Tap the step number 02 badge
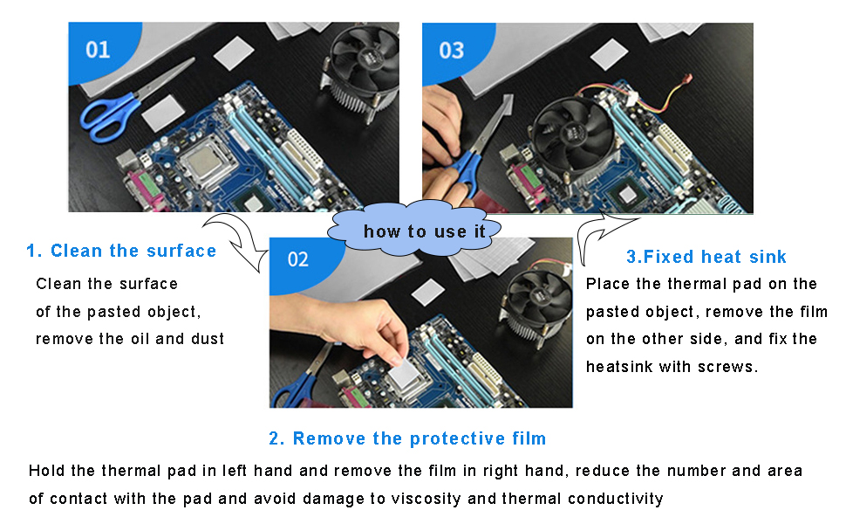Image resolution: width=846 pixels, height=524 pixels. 298,259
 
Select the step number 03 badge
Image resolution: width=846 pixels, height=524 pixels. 451,50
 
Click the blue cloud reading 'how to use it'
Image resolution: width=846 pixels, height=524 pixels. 420,231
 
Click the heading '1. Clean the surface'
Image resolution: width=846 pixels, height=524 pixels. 121,252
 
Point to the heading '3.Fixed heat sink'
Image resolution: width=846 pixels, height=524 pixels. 706,257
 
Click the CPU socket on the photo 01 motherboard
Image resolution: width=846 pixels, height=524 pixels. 208,161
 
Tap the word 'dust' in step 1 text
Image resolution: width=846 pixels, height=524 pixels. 208,339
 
